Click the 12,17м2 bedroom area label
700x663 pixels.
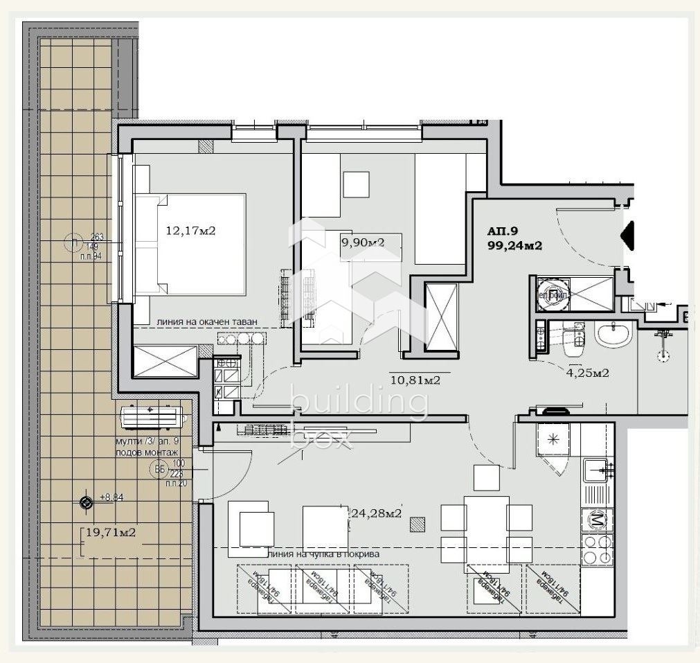point(190,231)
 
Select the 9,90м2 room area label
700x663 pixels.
point(362,242)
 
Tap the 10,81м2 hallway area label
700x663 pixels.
point(416,380)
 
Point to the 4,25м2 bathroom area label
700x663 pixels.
point(588,373)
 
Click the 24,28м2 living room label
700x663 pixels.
point(377,513)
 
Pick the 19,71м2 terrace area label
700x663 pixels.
point(109,532)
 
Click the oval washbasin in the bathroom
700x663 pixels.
point(615,336)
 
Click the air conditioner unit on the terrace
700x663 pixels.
point(152,417)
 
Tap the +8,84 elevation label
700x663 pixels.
point(111,497)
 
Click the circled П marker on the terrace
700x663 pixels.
point(71,242)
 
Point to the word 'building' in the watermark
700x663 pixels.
point(358,403)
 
